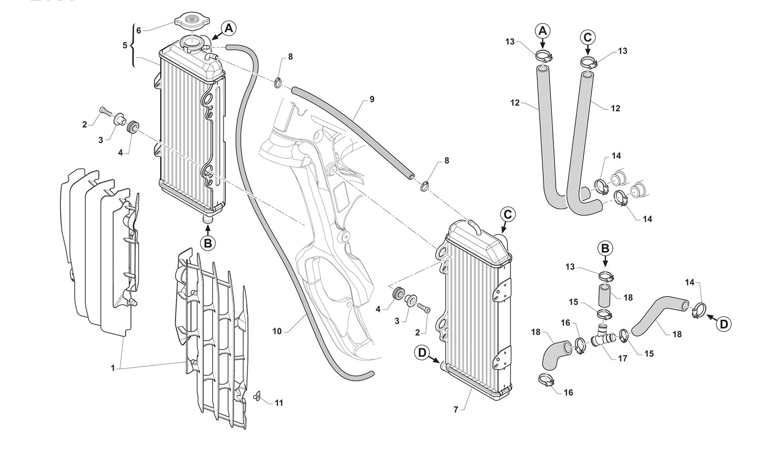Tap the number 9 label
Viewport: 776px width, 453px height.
click(371, 99)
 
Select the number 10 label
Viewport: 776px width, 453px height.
click(277, 331)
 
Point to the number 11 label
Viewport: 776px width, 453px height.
click(279, 403)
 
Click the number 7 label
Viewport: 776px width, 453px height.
click(456, 409)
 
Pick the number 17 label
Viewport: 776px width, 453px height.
click(622, 358)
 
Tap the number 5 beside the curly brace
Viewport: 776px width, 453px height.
click(125, 45)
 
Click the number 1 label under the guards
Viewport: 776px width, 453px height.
click(113, 368)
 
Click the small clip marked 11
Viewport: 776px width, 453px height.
click(257, 395)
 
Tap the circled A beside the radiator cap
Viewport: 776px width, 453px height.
click(229, 28)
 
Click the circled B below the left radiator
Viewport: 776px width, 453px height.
click(208, 243)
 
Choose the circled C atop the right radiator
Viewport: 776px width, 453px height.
click(507, 215)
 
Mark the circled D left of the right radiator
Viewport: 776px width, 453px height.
click(422, 353)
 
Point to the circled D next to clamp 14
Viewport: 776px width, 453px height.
click(724, 324)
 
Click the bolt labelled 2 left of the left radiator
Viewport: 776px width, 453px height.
click(105, 113)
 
